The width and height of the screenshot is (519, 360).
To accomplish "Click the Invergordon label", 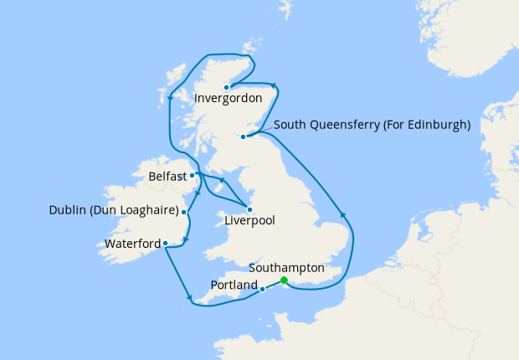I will click(x=228, y=99).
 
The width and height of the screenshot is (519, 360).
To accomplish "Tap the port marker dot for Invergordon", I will click(x=226, y=86).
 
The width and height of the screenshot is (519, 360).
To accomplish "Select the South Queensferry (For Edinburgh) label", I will click(x=372, y=125).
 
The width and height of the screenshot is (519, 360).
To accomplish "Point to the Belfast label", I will click(x=167, y=177).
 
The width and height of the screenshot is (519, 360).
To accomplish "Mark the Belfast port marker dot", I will click(x=193, y=175).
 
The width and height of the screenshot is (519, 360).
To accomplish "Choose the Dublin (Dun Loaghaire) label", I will click(x=113, y=210).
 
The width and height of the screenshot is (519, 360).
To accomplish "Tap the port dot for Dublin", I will click(x=184, y=213).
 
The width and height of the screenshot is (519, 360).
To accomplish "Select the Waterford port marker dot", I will click(x=166, y=244).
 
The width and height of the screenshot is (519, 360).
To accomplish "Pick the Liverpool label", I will click(x=250, y=221).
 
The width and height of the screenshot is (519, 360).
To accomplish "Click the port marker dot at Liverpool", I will click(x=249, y=208).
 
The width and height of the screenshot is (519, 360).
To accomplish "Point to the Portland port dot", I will click(x=263, y=289).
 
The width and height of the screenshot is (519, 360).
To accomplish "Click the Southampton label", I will click(x=286, y=268).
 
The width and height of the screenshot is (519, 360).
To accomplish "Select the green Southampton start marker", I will click(x=285, y=280).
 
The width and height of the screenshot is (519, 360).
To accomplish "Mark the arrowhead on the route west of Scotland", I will click(x=170, y=99).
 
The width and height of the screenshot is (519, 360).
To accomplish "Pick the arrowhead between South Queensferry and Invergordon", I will click(x=273, y=85).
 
